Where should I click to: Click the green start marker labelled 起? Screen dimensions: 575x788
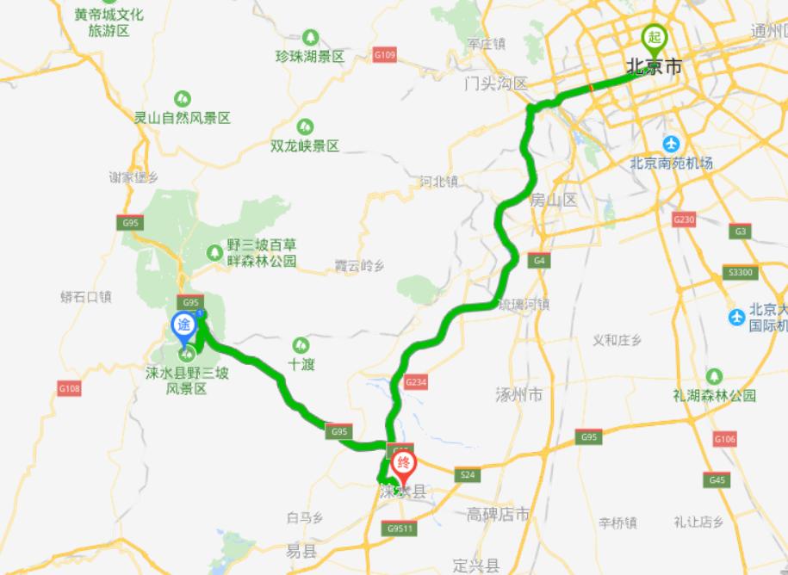pos(655,38)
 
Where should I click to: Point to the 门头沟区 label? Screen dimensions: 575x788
pos(494,84)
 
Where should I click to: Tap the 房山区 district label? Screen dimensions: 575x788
pos(553,201)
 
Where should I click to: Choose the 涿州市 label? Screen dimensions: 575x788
pos(519,395)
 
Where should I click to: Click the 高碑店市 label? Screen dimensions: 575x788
pos(499,515)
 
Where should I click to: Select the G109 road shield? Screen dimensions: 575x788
pos(385,56)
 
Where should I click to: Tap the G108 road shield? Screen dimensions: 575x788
pos(70,389)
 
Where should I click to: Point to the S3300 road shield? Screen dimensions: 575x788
pos(741,273)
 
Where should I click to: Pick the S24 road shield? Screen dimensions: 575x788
pos(468,474)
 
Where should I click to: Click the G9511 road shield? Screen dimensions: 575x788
pos(401,528)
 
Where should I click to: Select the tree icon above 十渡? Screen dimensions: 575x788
pos(301,344)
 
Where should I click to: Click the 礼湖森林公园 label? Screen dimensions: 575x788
pos(714,396)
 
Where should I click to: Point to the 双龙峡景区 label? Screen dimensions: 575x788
pos(305,145)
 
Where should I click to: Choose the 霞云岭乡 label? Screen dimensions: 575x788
pos(358,267)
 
